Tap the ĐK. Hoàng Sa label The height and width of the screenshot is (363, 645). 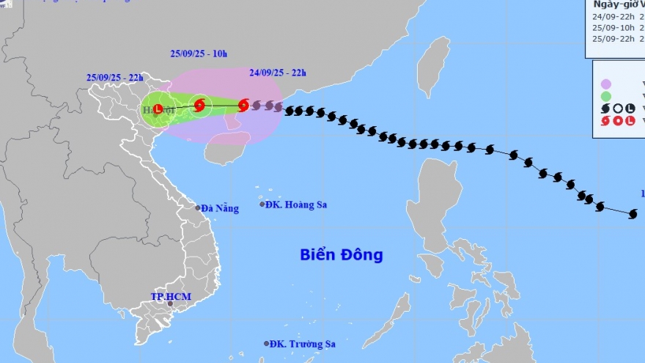pyautogui.click(x=296, y=205)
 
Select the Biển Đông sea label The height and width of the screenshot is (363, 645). pyautogui.click(x=341, y=255)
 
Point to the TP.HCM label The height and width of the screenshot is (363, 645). pyautogui.click(x=171, y=296)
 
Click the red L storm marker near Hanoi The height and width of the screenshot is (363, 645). pyautogui.click(x=158, y=109)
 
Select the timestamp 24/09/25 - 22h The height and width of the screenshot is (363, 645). pyautogui.click(x=278, y=73)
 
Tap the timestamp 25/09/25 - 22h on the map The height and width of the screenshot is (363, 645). pyautogui.click(x=114, y=77)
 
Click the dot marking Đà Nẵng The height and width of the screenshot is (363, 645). pyautogui.click(x=198, y=208)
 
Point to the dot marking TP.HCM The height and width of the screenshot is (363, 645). pyautogui.click(x=170, y=304)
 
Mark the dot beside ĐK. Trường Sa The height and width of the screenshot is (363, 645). pyautogui.click(x=265, y=343)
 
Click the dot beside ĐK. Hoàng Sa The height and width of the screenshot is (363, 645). pyautogui.click(x=262, y=204)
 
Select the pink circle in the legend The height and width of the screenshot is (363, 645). pyautogui.click(x=605, y=84)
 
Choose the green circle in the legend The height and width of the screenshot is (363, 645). pyautogui.click(x=605, y=96)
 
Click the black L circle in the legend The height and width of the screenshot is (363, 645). pyautogui.click(x=630, y=108)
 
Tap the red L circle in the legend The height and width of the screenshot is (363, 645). pyautogui.click(x=630, y=120)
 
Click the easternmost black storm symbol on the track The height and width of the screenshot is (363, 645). pyautogui.click(x=633, y=213)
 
